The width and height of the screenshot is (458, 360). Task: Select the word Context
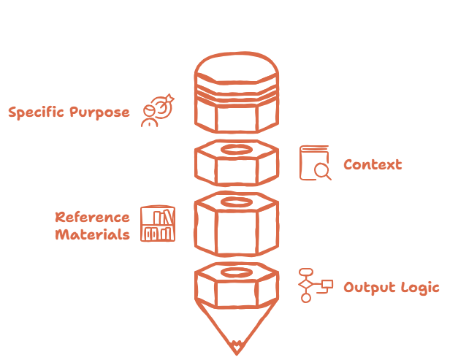click(x=373, y=164)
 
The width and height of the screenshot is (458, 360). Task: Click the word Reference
click(x=93, y=217)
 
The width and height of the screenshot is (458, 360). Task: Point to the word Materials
click(x=93, y=234)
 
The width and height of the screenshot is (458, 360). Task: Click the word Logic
click(x=419, y=287)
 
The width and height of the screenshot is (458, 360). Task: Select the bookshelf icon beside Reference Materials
click(x=158, y=224)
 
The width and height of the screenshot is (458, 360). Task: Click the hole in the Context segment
click(x=236, y=150)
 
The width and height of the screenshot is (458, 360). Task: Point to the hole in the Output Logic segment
click(x=236, y=272)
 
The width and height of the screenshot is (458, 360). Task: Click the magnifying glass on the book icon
click(x=321, y=171)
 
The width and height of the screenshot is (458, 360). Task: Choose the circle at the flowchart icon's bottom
click(x=306, y=298)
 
